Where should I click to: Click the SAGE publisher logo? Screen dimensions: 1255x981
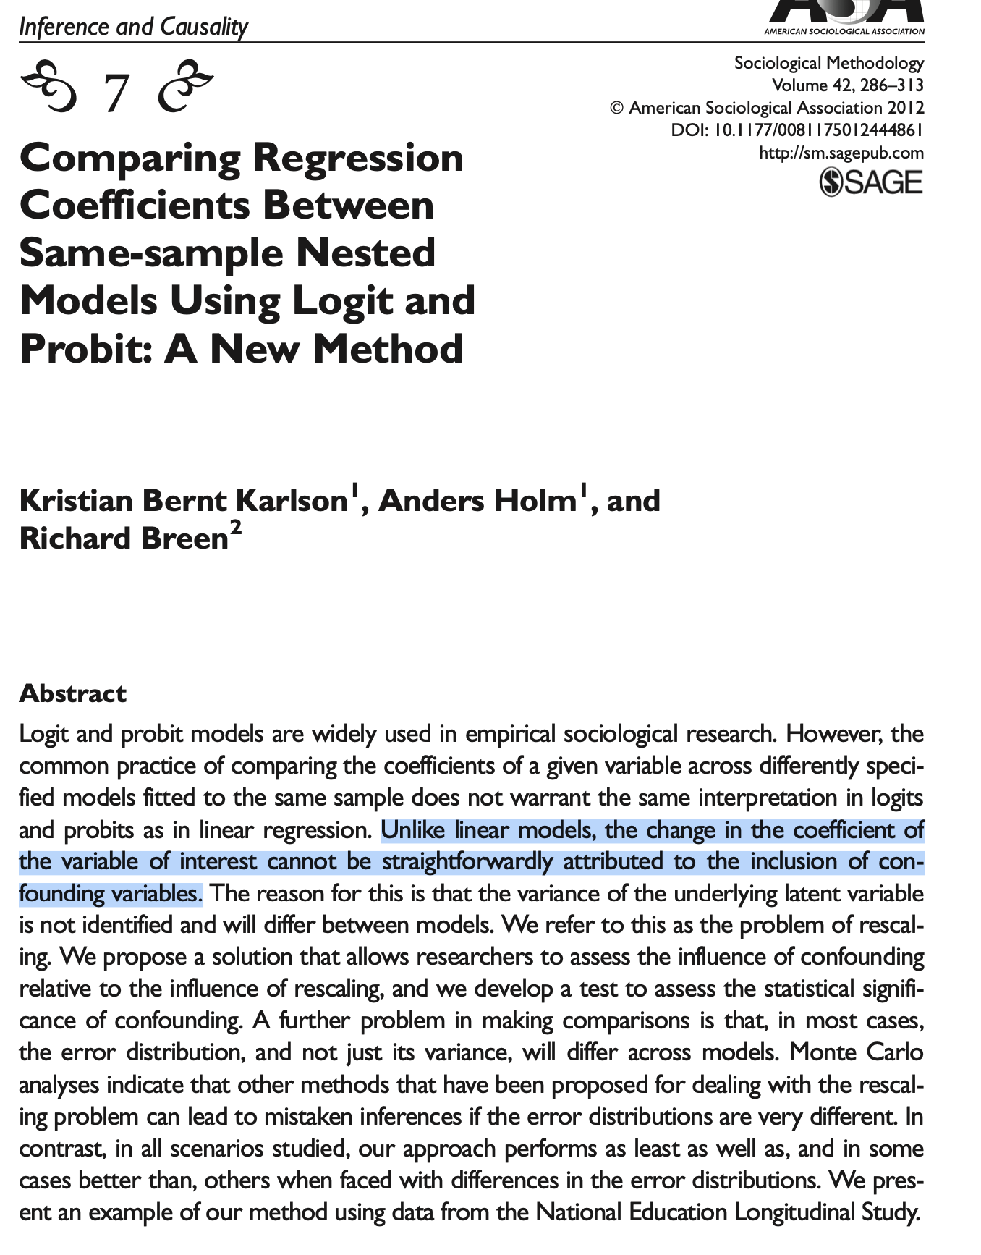871,182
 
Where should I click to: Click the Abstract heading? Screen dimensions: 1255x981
73,693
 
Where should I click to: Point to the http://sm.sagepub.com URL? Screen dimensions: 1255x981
841,153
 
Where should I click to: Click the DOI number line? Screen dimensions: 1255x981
797,130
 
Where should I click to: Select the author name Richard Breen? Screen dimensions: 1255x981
124,538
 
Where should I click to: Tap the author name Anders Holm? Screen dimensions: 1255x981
476,501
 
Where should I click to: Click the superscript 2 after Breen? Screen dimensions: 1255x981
235,529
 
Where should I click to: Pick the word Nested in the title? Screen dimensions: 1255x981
365,253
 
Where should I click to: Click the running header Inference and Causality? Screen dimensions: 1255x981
133,27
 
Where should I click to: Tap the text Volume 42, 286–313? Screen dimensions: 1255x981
847,85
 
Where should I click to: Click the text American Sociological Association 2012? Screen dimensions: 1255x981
776,108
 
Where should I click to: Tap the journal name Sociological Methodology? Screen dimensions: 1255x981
828,63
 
